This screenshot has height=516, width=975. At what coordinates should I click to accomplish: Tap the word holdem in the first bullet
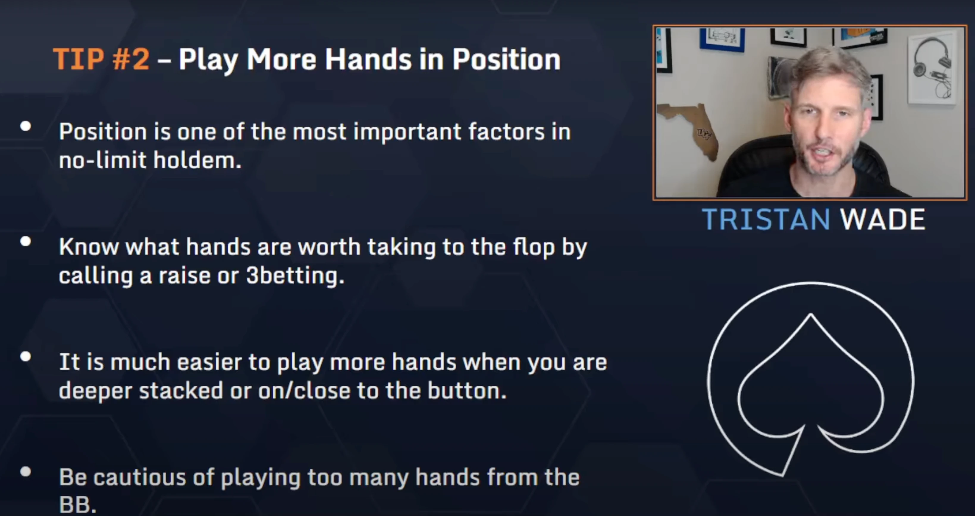[x=197, y=160]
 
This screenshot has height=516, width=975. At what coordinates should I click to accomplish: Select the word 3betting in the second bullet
[x=295, y=276]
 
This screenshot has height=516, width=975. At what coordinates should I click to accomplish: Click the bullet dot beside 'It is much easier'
[x=25, y=356]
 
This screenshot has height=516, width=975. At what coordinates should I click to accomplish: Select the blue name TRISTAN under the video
[x=766, y=219]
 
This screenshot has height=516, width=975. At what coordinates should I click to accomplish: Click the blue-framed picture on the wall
[x=721, y=40]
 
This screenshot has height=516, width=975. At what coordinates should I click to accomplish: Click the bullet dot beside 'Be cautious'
[x=25, y=471]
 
